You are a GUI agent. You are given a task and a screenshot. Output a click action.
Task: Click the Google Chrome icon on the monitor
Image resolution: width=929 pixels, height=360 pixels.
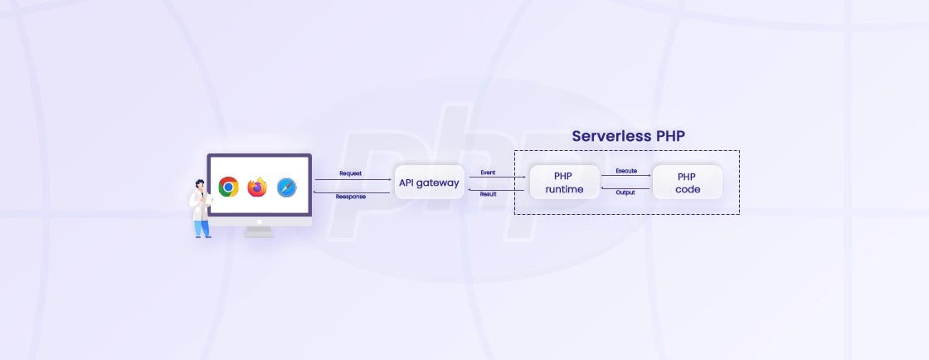(229, 187)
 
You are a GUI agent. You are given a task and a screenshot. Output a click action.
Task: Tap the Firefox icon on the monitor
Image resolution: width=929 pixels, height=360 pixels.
(257, 187)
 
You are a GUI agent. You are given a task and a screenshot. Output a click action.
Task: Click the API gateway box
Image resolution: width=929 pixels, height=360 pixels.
(429, 182)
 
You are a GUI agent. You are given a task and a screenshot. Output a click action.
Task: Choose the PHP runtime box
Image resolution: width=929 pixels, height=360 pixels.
(564, 182)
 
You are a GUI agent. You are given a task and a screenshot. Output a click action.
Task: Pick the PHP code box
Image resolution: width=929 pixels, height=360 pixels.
(688, 182)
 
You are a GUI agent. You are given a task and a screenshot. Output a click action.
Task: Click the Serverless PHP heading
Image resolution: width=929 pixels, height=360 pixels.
(628, 136)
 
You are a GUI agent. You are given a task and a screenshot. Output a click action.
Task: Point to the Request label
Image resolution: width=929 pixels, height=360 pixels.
(350, 173)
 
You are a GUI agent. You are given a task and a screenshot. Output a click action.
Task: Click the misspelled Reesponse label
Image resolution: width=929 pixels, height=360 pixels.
(351, 197)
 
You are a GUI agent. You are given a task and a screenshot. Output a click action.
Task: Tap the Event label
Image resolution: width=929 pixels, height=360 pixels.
(489, 173)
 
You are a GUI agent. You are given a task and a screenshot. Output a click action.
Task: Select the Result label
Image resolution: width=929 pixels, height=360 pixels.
(489, 193)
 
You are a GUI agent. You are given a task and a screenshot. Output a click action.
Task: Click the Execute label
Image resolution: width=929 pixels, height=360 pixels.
(626, 171)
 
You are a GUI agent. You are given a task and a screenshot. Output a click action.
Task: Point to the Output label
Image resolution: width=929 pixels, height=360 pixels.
(626, 192)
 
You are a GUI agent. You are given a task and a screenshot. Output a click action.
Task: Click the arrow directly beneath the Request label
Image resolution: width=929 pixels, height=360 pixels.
(353, 179)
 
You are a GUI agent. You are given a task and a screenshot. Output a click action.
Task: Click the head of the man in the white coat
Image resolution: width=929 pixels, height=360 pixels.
(199, 185)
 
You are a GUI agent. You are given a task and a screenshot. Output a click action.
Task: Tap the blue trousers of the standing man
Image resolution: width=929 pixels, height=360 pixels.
(202, 227)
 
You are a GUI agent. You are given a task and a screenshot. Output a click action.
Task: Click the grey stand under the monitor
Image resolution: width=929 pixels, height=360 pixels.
(260, 231)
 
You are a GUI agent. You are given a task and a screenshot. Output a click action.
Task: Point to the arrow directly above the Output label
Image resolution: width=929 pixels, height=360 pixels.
(626, 187)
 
